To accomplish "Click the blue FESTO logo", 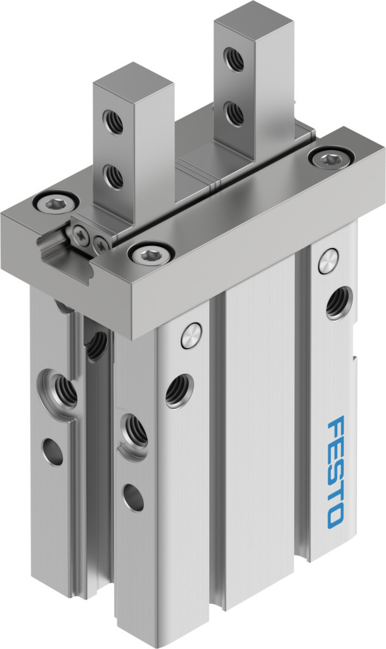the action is point(335,472).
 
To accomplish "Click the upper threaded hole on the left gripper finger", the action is point(113,122).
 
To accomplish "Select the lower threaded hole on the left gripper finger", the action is point(113,176).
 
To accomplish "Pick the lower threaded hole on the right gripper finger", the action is point(234,113).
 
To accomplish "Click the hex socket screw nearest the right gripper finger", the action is point(331,158).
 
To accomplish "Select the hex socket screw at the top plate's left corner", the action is point(55,203).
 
